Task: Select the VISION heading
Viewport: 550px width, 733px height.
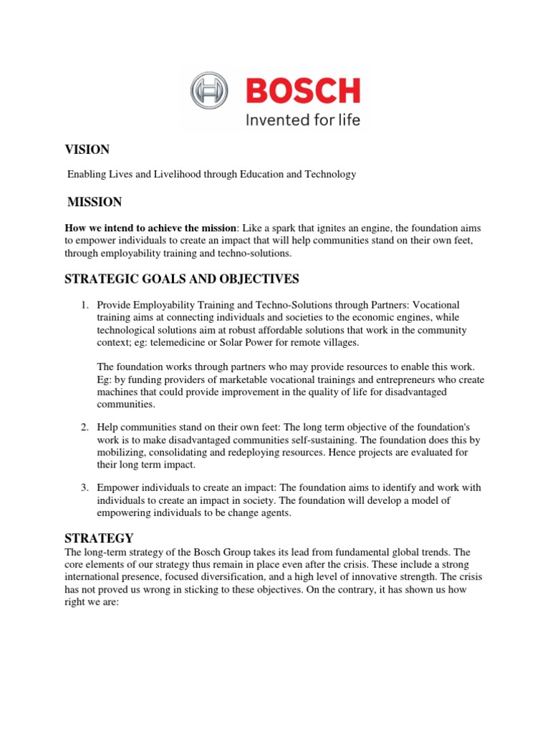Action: point(87,150)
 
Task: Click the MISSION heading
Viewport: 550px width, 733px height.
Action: point(94,202)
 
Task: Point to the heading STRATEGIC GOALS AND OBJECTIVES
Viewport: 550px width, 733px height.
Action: point(182,278)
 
